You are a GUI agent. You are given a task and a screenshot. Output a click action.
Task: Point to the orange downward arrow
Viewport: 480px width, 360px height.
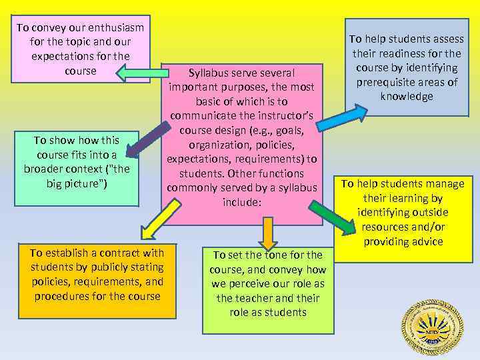tap(267, 232)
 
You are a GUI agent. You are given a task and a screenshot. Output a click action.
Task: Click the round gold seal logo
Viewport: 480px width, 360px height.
tap(431, 327)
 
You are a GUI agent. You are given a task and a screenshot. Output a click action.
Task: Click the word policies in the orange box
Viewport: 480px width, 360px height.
tap(55, 281)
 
